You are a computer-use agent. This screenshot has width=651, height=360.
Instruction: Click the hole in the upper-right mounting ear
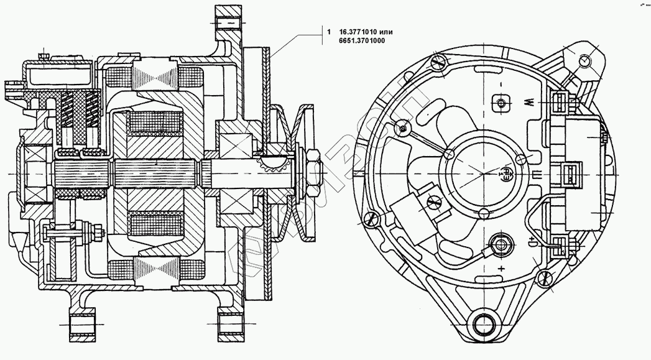(584, 60)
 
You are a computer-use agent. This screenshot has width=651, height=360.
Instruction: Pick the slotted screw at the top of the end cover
(439, 62)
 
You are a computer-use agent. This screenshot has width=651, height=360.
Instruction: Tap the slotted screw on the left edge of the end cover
(372, 219)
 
